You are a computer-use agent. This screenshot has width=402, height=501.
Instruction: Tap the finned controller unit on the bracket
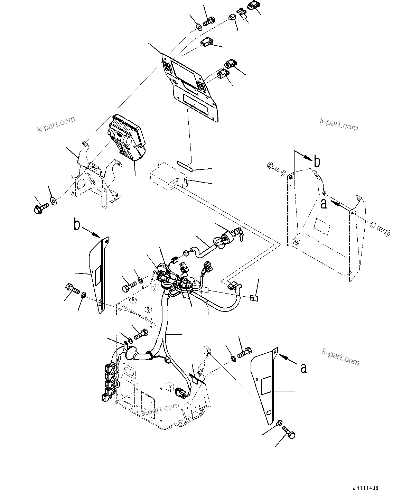point(127,138)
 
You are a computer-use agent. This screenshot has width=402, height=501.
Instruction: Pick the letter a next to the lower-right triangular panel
point(303,368)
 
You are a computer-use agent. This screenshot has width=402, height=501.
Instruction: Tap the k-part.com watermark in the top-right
point(338,124)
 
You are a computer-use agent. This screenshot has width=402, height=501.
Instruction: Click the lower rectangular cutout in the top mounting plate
point(195,103)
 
